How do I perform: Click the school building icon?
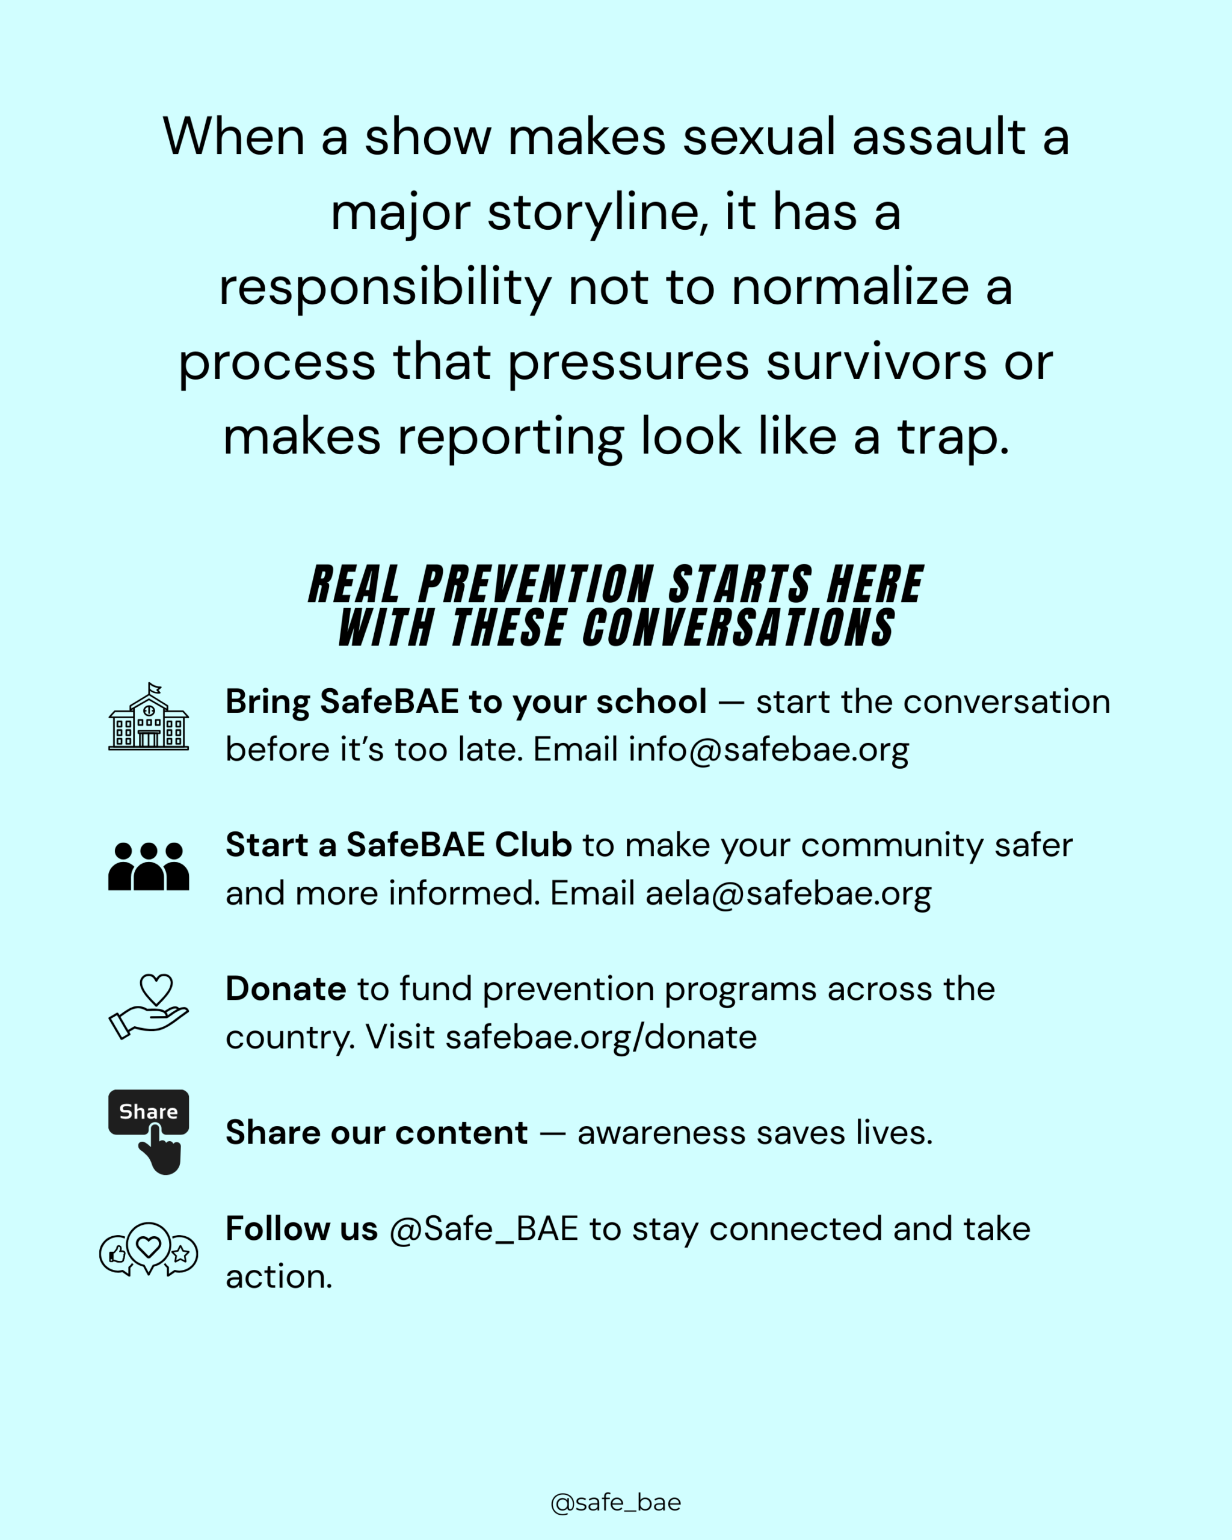pyautogui.click(x=149, y=716)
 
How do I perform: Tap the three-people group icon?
pyautogui.click(x=149, y=866)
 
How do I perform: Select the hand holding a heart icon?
pyautogui.click(x=149, y=1006)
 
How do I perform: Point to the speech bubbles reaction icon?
pyautogui.click(x=149, y=1250)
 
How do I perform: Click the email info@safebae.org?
pyautogui.click(x=768, y=750)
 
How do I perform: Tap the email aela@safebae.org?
pyautogui.click(x=789, y=893)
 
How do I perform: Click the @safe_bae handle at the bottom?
pyautogui.click(x=615, y=1502)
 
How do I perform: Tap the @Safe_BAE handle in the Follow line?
pyautogui.click(x=484, y=1229)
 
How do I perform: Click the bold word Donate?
pyautogui.click(x=286, y=990)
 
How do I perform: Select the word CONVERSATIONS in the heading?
pyautogui.click(x=739, y=628)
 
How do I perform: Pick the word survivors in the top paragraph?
pyautogui.click(x=876, y=362)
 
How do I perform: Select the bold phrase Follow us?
pyautogui.click(x=301, y=1228)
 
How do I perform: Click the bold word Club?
pyautogui.click(x=534, y=845)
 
